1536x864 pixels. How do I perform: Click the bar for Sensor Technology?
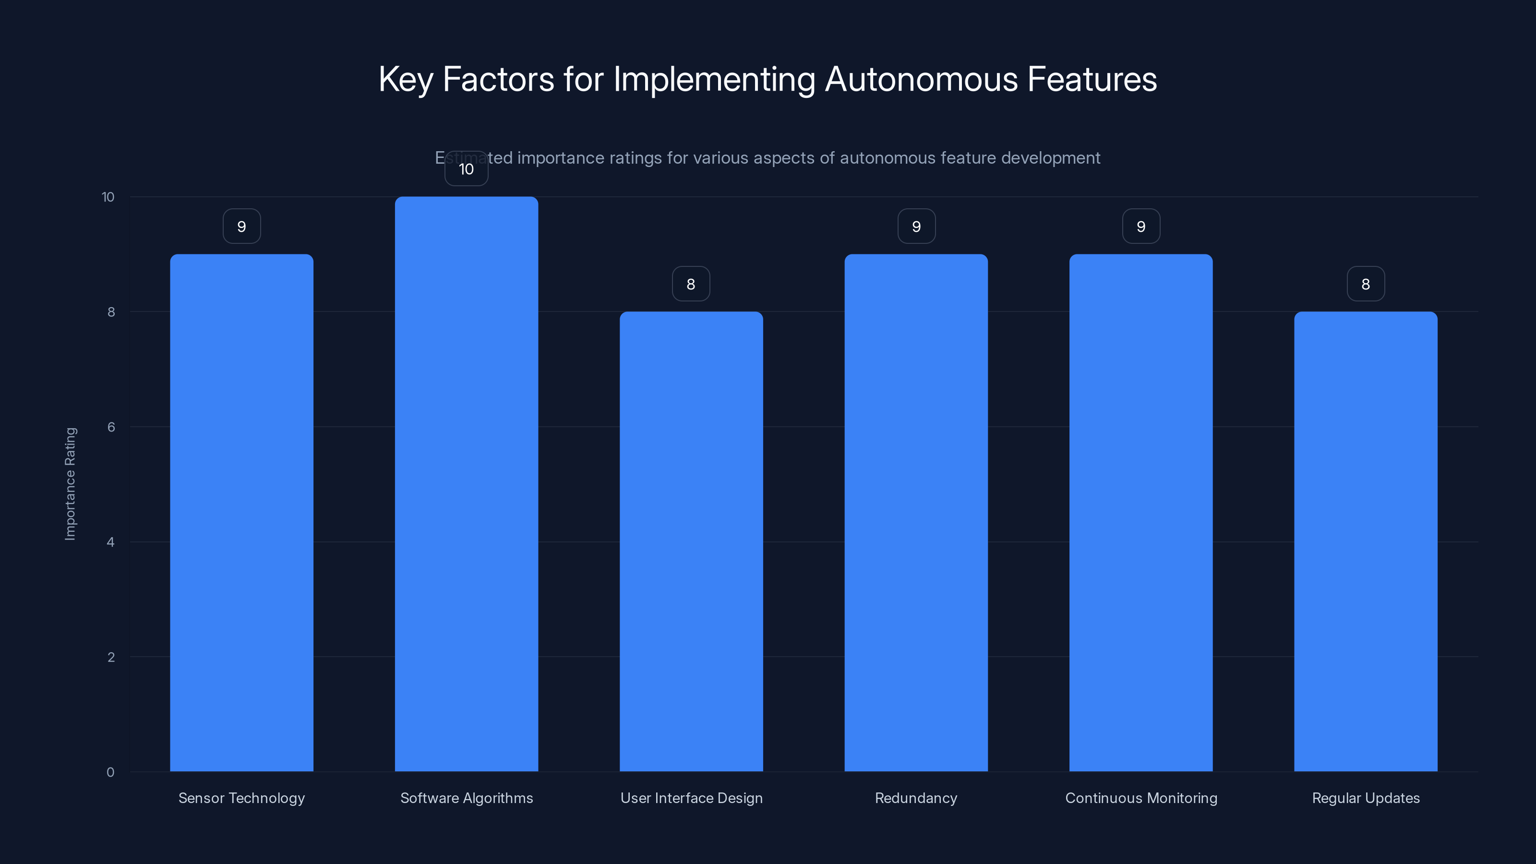click(x=241, y=513)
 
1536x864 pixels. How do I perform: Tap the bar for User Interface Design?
click(x=691, y=541)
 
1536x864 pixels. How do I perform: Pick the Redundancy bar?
click(x=916, y=513)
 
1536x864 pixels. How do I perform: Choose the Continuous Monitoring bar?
click(x=1140, y=513)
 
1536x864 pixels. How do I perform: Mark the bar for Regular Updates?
click(x=1366, y=541)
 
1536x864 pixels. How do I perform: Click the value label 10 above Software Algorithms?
click(x=466, y=169)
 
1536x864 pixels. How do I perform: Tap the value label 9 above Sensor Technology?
click(x=241, y=227)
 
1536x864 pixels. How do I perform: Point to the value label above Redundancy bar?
click(x=916, y=227)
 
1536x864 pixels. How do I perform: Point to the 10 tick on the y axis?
click(x=108, y=197)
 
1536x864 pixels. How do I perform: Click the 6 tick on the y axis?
click(x=111, y=427)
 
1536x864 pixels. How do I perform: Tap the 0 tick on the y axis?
click(x=110, y=772)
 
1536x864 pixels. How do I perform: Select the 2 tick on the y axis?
click(x=111, y=657)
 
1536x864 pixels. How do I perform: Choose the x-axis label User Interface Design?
click(x=692, y=798)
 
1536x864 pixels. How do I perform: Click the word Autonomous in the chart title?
click(x=921, y=79)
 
